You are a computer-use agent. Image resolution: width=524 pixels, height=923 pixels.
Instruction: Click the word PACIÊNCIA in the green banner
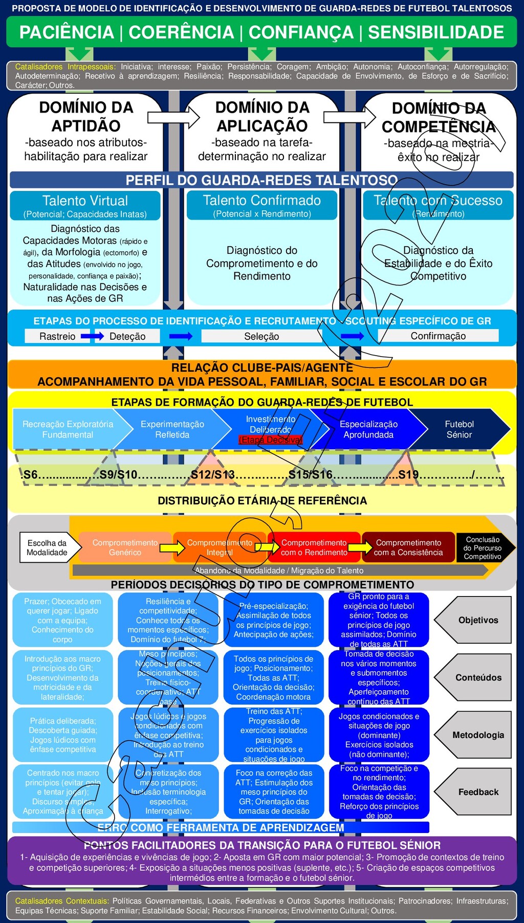pos(67,32)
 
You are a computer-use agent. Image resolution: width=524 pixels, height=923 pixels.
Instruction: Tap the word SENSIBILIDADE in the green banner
pos(436,32)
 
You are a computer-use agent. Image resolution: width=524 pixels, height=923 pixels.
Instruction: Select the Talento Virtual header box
pos(85,205)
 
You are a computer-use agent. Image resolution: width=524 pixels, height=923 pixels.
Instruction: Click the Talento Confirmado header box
pos(261,205)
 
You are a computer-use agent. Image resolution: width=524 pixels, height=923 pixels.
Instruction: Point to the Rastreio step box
pos(57,336)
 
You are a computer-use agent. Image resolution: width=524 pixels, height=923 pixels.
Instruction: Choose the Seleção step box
pos(261,336)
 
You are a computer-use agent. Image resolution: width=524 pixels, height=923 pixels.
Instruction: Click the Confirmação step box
pos(438,336)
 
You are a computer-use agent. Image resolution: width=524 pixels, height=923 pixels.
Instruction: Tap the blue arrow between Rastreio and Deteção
pos(92,336)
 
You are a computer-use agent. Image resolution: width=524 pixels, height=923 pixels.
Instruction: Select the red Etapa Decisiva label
pos(271,439)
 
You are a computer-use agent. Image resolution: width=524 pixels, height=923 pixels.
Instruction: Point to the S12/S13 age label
pos(213,475)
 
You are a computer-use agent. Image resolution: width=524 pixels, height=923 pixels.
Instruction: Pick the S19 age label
pos(408,475)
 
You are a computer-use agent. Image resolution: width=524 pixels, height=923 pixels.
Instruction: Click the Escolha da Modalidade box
pos(47,547)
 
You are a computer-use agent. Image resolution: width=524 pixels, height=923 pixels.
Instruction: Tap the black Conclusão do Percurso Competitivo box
pos(482,548)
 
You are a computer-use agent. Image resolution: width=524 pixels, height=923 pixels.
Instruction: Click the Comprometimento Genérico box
pos(125,547)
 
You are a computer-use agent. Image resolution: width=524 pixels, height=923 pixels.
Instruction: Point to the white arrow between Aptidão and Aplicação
pos(173,117)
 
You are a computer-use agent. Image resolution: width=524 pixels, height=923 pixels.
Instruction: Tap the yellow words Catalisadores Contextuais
pos(62,901)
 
